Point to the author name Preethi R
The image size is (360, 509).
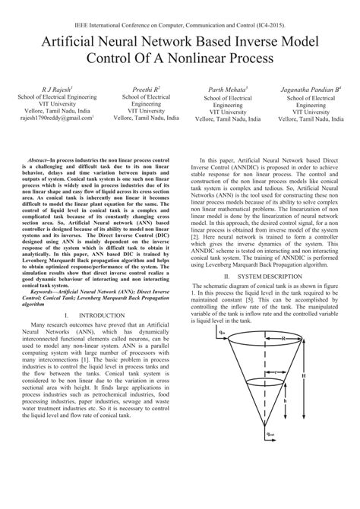pos(143,90)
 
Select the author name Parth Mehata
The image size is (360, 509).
pos(229,90)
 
